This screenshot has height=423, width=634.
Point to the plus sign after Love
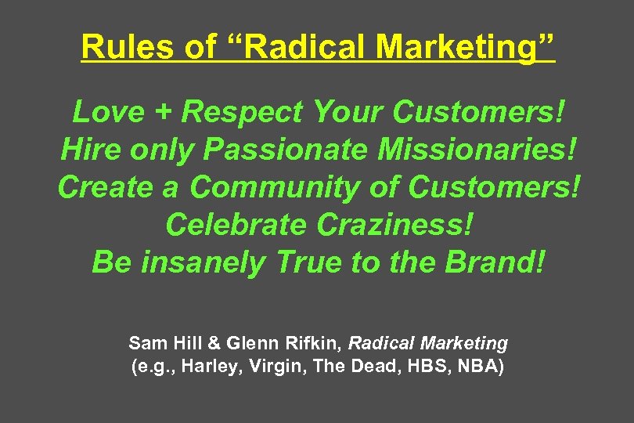(x=163, y=113)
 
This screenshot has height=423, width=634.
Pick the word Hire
(x=86, y=150)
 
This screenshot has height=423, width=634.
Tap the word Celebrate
(x=237, y=225)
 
